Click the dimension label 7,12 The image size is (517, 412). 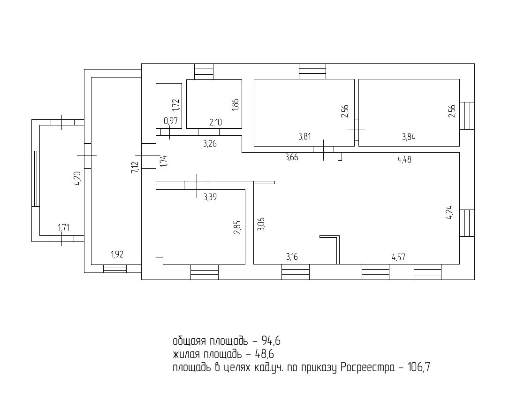[x=134, y=167]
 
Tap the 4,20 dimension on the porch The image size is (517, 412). [x=77, y=179]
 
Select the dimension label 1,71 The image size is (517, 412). [x=63, y=228]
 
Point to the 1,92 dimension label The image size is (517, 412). [x=117, y=255]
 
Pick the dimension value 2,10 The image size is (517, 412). [x=215, y=123]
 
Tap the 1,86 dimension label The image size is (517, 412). [x=236, y=104]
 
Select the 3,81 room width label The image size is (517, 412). [x=305, y=137]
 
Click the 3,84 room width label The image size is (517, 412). [x=409, y=137]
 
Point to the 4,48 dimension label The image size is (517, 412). [x=405, y=160]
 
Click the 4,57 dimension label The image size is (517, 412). [x=399, y=257]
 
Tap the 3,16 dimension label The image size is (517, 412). [x=292, y=257]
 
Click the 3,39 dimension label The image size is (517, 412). [x=211, y=198]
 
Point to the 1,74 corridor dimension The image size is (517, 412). [x=163, y=161]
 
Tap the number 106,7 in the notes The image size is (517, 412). [x=417, y=368]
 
